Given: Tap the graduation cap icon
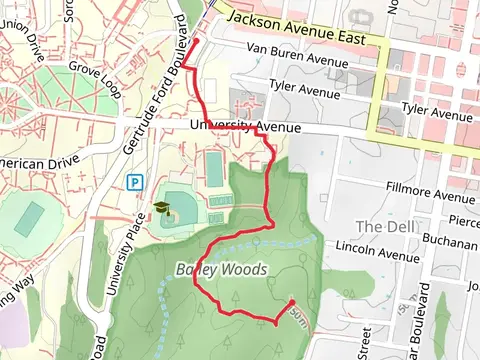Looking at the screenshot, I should (160, 209).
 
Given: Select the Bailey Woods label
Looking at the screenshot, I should (220, 269).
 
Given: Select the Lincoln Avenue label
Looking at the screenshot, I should (377, 250).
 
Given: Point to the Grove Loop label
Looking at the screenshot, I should (95, 75).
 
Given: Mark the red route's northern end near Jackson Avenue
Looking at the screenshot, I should (192, 41).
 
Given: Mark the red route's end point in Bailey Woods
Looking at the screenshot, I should (291, 302).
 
